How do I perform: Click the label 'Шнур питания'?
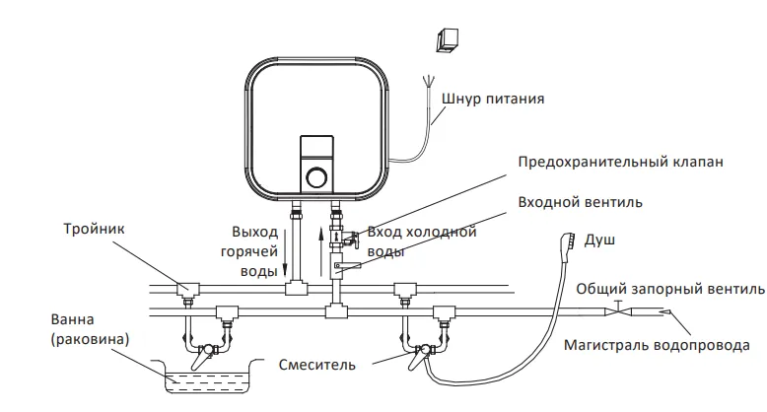coord(493,99)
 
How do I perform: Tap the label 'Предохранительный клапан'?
coord(620,162)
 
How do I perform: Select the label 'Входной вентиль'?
coord(580,202)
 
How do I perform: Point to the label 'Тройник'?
coord(94,229)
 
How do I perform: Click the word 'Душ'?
coord(599,240)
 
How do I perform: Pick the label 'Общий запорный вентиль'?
coord(670,289)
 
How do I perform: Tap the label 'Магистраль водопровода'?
coord(657,345)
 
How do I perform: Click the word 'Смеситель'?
coord(317,365)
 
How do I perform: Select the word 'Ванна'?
coord(72,319)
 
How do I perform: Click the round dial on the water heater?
coord(316,176)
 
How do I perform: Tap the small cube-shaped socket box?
coord(448,39)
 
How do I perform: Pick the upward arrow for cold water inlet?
coord(320,251)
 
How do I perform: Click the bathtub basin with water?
coord(207,377)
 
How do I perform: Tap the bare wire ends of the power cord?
coord(429,81)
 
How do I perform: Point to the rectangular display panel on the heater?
coord(316,147)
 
